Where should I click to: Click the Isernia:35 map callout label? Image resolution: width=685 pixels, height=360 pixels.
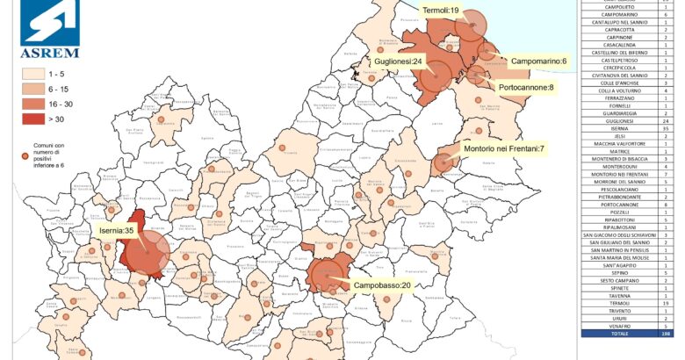tap(117, 231)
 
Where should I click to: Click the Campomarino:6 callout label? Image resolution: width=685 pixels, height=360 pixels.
tap(538, 61)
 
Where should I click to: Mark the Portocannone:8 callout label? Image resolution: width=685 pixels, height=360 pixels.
tap(526, 88)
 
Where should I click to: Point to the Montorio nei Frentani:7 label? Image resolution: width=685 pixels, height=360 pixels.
tap(503, 150)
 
